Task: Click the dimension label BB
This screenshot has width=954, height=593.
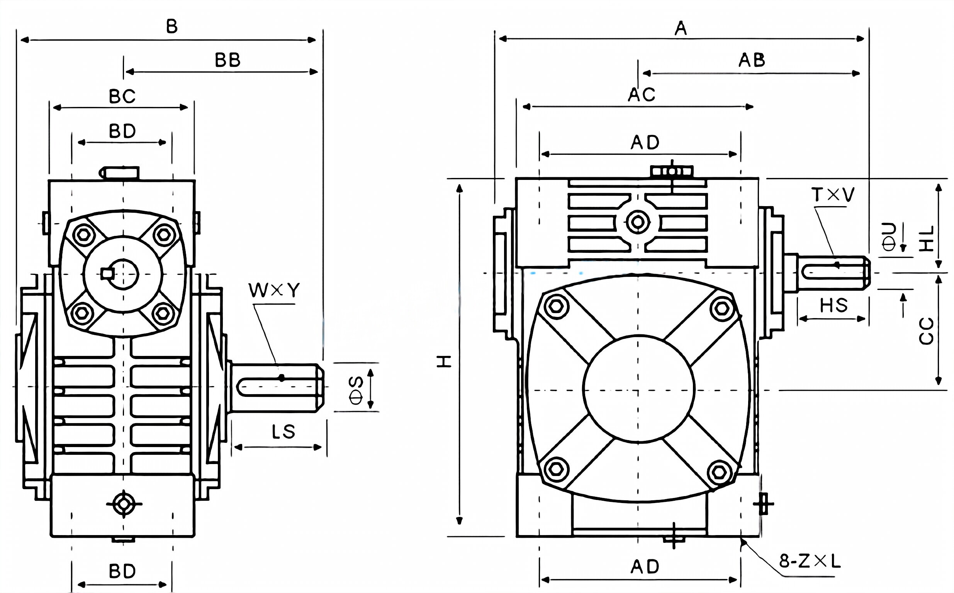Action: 227,60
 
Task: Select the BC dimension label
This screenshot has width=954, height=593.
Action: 122,97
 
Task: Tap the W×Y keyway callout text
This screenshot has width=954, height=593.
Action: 274,291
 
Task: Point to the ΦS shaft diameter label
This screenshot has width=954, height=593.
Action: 356,390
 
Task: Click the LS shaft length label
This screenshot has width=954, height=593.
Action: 283,432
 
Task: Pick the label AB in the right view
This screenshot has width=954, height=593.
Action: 752,60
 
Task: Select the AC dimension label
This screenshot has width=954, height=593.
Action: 642,95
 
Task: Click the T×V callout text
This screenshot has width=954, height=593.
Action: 833,195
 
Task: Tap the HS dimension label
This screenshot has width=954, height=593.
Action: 833,305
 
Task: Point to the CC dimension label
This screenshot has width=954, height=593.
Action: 927,331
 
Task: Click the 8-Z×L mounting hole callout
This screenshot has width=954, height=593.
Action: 810,562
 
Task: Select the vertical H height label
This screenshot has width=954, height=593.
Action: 445,361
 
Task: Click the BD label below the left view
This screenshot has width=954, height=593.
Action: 122,571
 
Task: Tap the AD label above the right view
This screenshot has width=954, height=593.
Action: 645,142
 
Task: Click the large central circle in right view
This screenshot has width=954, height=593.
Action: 638,388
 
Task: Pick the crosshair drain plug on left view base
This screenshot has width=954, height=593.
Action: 124,504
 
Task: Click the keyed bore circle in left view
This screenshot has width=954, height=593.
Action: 123,274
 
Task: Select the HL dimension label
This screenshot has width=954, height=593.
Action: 927,239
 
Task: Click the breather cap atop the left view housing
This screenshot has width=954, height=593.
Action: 120,172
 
